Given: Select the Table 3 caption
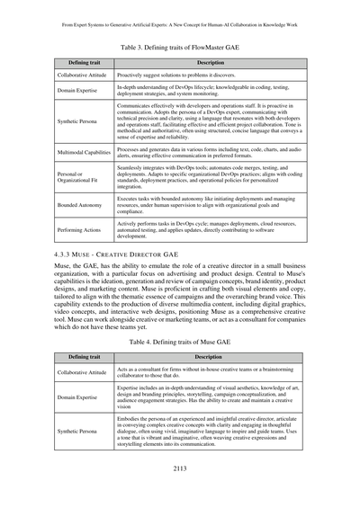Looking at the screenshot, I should coord(180,42).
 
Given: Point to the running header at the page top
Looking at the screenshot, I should coord(180,13).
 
